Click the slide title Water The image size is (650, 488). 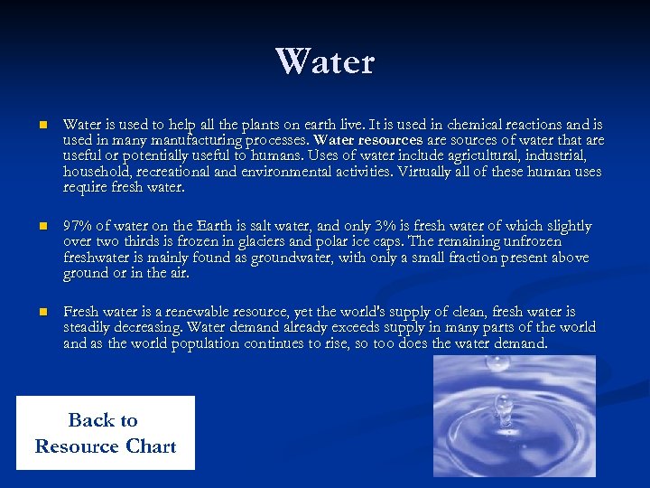click(325, 61)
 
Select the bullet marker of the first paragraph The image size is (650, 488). click(42, 126)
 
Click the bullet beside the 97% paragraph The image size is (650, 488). click(42, 226)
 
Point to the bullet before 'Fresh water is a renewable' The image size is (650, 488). click(42, 312)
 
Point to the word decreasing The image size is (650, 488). click(156, 328)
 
